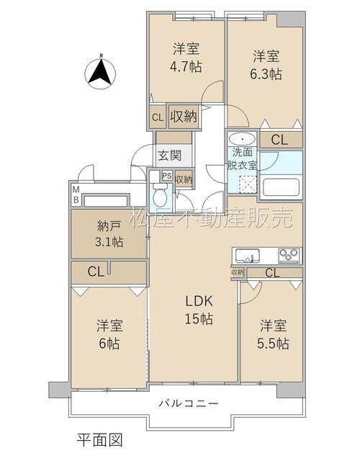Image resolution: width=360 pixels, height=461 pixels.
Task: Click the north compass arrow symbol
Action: [100, 72]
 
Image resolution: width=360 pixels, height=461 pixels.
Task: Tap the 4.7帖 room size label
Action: [186, 67]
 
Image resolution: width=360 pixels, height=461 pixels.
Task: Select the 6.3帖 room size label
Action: [266, 73]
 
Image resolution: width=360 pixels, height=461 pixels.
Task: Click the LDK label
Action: [199, 301]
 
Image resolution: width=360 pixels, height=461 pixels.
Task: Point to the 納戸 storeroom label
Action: [109, 226]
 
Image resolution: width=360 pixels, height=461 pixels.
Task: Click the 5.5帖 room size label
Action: [273, 343]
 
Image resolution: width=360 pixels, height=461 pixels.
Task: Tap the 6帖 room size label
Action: [109, 343]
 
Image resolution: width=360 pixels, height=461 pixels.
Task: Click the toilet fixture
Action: [160, 194]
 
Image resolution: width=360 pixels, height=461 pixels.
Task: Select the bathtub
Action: [282, 187]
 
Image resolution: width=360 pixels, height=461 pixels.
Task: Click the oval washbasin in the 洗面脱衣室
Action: [243, 139]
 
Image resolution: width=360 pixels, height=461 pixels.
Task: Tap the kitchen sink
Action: [246, 256]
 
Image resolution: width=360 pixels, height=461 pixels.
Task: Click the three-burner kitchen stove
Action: [289, 255]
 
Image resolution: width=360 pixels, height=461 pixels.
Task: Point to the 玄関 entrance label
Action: [170, 156]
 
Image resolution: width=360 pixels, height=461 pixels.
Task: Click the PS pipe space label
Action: [167, 176]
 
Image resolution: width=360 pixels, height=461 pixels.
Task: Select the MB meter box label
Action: [76, 194]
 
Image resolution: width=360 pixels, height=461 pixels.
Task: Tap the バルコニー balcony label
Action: [189, 403]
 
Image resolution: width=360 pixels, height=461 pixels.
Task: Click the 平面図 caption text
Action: [99, 440]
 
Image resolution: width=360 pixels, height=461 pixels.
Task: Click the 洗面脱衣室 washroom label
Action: [241, 158]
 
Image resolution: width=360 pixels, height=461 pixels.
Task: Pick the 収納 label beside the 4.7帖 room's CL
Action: [184, 117]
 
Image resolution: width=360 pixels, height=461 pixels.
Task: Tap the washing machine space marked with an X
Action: [248, 184]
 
